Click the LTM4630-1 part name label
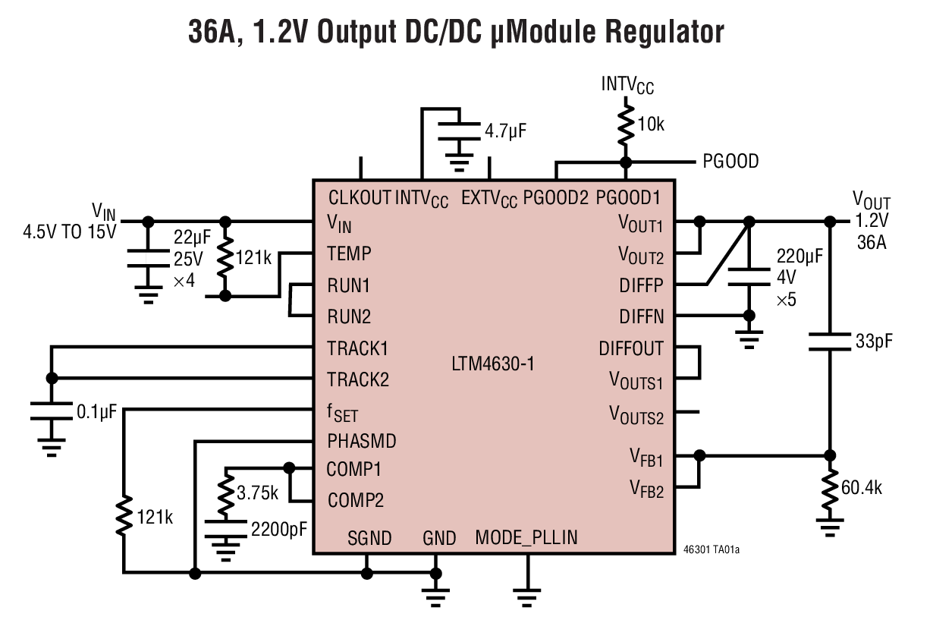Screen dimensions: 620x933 pos(492,364)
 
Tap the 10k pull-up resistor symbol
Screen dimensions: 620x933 pos(625,125)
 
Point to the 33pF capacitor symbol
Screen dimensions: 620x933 pos(830,341)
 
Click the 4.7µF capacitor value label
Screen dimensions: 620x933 pos(505,131)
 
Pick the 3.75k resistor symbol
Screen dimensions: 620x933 pos(225,492)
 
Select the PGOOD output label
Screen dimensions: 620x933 pos(730,162)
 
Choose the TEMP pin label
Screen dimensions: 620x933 pos(349,253)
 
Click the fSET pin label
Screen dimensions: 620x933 pos(342,413)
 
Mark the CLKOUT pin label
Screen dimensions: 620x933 pos(360,198)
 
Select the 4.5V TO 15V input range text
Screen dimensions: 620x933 pos(70,231)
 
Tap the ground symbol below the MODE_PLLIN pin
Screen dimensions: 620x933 pos(526,590)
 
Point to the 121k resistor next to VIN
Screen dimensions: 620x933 pos(225,259)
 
